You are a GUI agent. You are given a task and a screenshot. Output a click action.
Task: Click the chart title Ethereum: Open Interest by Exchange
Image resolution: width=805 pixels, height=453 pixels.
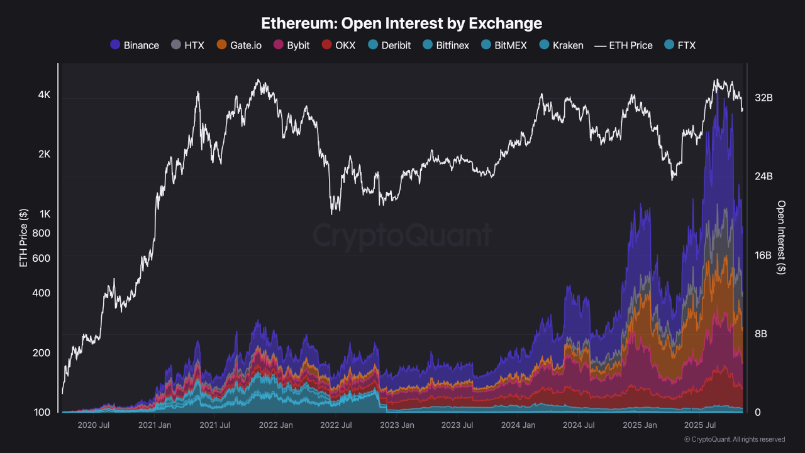click(x=402, y=24)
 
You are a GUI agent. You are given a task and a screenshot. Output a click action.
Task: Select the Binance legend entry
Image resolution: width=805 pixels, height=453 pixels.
click(x=134, y=45)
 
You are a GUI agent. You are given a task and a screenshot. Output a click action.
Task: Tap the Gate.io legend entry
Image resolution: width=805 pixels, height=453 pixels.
click(x=239, y=45)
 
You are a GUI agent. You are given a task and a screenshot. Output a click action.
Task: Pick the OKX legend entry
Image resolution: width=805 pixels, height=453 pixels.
click(x=338, y=45)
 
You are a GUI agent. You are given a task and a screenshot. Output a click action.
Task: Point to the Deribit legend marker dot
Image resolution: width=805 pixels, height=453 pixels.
click(x=373, y=45)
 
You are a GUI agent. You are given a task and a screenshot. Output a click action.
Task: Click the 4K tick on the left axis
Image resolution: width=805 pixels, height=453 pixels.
click(x=44, y=95)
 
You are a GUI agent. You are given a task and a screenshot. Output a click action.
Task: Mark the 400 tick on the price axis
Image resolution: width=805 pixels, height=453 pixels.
click(x=42, y=293)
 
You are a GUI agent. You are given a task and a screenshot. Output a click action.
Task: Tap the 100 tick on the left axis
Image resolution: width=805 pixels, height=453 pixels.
click(x=42, y=413)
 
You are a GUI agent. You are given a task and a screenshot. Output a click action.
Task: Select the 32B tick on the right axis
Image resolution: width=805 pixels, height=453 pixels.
click(x=763, y=98)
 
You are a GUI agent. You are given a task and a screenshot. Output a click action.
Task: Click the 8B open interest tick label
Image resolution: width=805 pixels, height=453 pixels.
click(x=760, y=334)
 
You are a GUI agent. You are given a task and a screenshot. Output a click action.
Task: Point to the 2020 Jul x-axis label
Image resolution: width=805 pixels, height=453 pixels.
click(x=94, y=425)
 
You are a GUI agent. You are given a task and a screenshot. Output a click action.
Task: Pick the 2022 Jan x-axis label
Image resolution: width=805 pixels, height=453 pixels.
click(x=275, y=425)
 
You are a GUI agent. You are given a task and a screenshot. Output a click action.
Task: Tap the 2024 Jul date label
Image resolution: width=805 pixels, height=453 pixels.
click(x=579, y=425)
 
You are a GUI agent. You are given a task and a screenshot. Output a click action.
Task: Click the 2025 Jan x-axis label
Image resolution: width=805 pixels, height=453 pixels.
click(x=640, y=425)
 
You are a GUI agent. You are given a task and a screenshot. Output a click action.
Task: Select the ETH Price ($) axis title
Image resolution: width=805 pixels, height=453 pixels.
click(x=23, y=238)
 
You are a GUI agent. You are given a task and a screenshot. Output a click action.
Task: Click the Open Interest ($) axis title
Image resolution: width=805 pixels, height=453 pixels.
click(x=781, y=238)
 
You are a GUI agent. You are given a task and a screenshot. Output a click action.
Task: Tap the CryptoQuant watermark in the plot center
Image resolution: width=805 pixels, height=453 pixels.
click(x=402, y=236)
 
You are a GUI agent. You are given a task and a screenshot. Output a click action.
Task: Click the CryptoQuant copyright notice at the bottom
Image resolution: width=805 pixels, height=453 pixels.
click(x=734, y=439)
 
